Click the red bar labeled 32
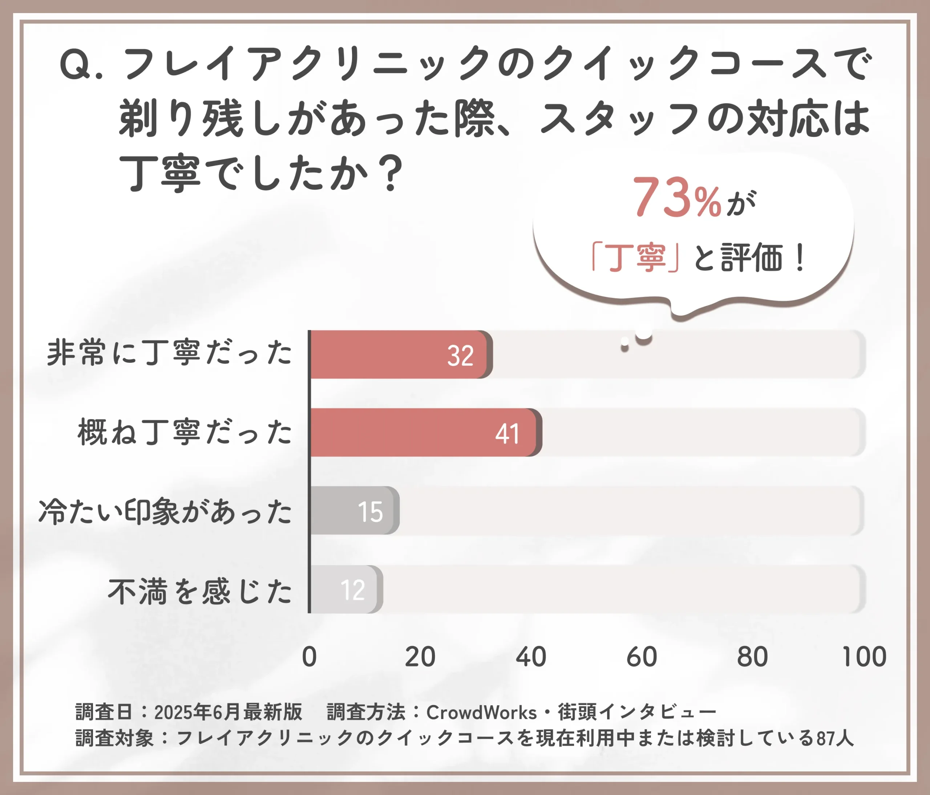tap(400, 354)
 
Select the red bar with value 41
tap(424, 433)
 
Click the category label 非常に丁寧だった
tap(170, 353)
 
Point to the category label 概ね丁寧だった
tap(185, 432)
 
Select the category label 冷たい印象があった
tap(165, 511)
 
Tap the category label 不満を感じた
tap(200, 591)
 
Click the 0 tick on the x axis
tap(309, 657)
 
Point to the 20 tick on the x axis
tap(420, 657)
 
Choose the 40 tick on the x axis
tap(531, 657)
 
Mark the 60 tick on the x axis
tap(642, 657)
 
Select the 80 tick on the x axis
tap(753, 657)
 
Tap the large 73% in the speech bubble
tap(676, 198)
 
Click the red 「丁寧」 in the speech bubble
tap(635, 257)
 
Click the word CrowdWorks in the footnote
tap(481, 713)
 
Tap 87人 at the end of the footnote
tap(835, 738)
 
